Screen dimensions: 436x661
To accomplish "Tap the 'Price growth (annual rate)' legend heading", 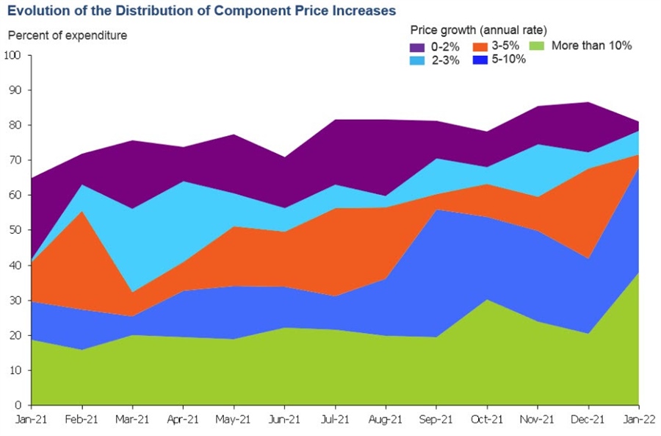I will (477, 30).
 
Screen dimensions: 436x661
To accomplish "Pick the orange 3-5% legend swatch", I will (480, 46).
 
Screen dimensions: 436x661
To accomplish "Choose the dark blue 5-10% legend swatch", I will (480, 60).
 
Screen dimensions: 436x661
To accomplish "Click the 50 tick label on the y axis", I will (15, 230).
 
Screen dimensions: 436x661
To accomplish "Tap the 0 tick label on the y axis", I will (18, 405).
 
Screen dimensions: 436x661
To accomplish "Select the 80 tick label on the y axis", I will (15, 125).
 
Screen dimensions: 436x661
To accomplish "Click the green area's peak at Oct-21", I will (486, 299).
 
